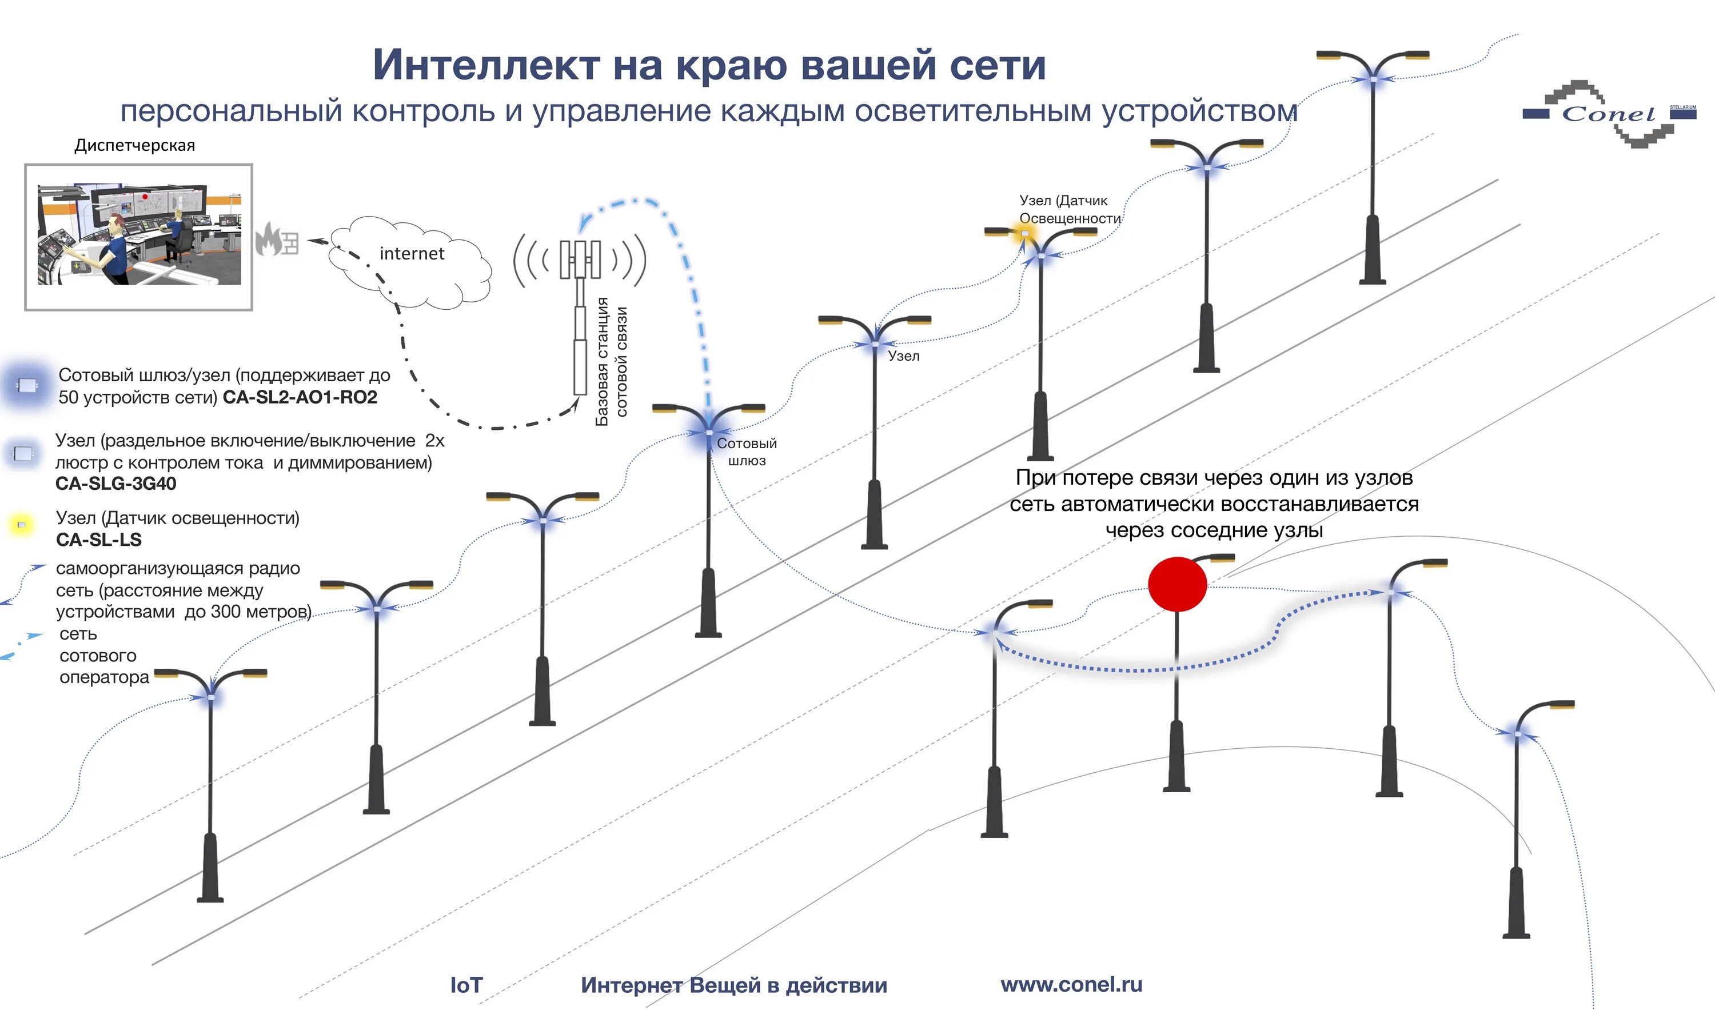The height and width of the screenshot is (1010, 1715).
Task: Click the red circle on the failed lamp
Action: [x=1176, y=584]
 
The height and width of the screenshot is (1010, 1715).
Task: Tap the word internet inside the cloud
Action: [x=412, y=254]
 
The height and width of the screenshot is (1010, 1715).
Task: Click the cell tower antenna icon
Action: [x=580, y=260]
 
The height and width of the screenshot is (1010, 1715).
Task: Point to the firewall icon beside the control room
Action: [x=277, y=240]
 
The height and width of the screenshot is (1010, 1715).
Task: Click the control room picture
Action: [x=139, y=236]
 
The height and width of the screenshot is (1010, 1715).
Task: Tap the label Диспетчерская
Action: [x=135, y=145]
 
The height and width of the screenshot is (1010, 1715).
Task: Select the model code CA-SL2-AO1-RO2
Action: [x=300, y=397]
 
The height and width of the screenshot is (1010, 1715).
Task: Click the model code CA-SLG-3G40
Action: [x=115, y=484]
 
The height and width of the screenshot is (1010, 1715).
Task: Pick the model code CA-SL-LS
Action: [x=99, y=540]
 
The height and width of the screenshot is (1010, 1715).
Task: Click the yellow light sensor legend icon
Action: [x=22, y=525]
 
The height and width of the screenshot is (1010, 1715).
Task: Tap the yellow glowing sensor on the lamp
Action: [x=1024, y=233]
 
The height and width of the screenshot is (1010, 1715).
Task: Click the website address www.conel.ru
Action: [x=1071, y=984]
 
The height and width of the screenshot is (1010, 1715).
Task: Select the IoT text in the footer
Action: [x=466, y=985]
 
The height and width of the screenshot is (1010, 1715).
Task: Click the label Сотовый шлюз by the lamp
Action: [x=747, y=452]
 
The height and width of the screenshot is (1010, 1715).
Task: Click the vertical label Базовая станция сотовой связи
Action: [x=611, y=361]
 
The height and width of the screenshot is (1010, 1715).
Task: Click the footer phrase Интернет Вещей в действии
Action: [x=733, y=985]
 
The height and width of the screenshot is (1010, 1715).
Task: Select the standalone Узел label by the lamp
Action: [x=903, y=356]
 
